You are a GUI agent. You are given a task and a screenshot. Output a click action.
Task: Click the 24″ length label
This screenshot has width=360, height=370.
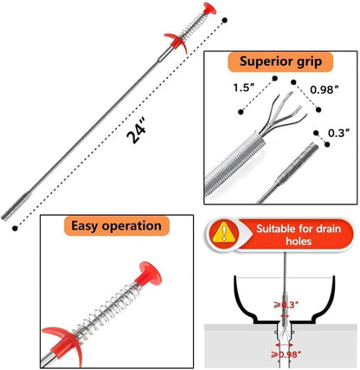coord(137,133)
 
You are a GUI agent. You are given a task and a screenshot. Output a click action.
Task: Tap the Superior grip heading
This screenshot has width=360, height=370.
coord(280,62)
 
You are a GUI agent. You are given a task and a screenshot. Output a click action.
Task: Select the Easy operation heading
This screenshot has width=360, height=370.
coord(116,225)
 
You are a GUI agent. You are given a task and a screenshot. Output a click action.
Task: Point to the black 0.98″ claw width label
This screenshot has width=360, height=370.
coord(324,90)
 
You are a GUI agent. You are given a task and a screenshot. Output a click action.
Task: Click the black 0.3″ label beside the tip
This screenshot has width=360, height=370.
coord(339,133)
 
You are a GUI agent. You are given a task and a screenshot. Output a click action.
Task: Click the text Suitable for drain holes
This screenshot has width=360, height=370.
coord(299,235)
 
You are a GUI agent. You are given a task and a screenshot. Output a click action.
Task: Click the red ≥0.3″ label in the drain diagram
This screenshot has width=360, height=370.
coord(286,305)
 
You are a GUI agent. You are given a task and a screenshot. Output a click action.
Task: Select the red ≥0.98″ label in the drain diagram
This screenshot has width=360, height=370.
coord(284,354)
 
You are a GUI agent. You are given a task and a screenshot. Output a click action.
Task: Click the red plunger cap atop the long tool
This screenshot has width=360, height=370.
coord(209,9)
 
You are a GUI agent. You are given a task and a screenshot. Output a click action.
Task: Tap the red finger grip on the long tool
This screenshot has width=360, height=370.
coord(177,42)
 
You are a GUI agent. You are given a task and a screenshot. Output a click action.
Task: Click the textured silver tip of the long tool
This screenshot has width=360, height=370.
coord(16,206)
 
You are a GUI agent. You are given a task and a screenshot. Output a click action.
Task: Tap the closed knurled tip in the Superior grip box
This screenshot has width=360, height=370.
coord(297,164)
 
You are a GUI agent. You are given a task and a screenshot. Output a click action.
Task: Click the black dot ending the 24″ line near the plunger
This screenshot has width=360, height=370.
coord(225,20)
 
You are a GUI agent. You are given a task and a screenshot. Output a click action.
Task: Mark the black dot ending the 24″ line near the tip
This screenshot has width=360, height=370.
coord(15,228)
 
